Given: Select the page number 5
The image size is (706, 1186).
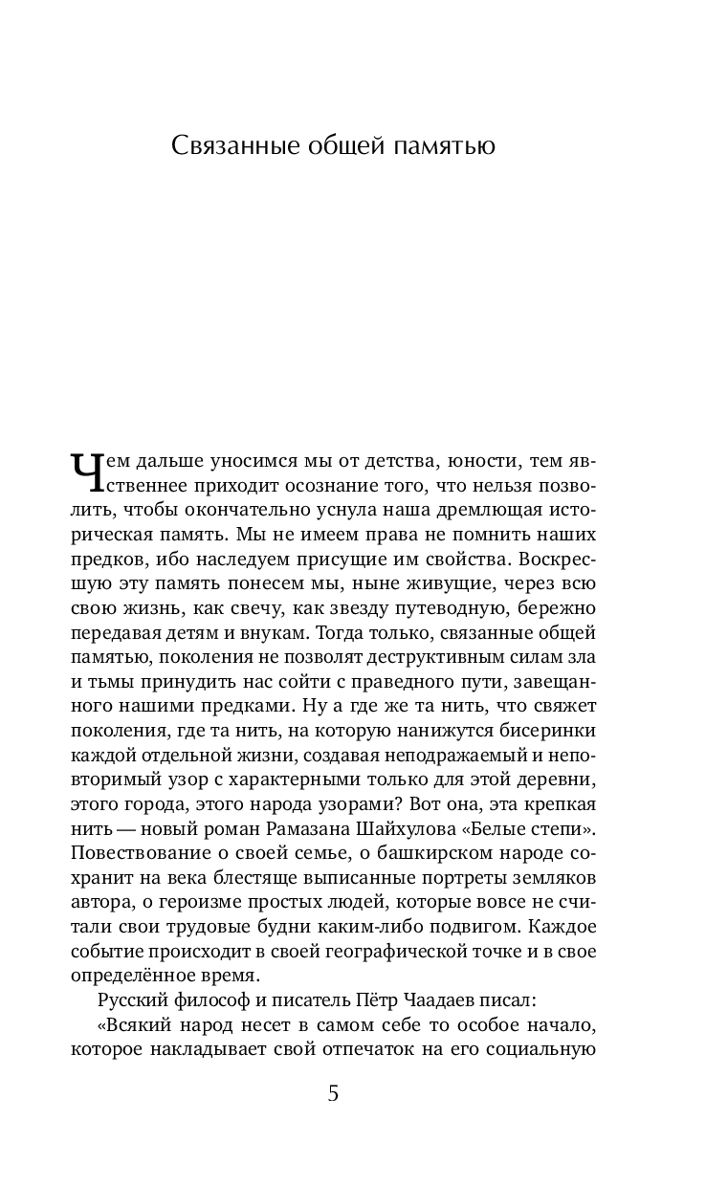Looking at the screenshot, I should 333,1094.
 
